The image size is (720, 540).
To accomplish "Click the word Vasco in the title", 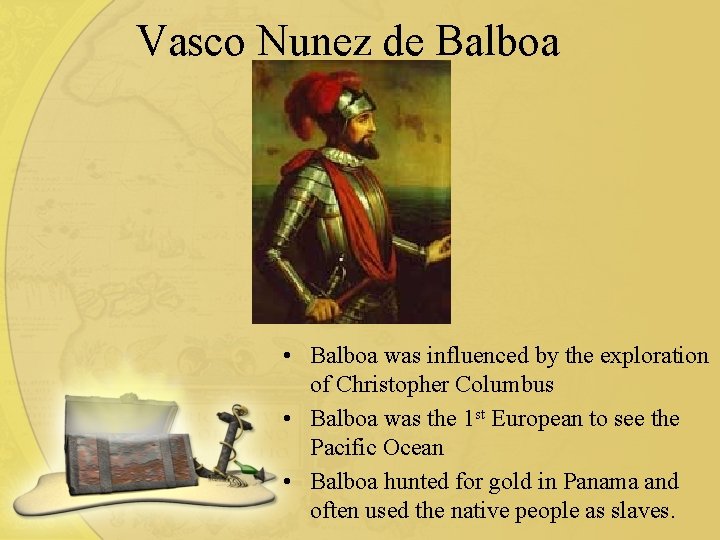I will tap(192, 41).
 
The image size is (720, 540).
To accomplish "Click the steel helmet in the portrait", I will tap(354, 103).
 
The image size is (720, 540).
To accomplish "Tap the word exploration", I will tap(650, 356).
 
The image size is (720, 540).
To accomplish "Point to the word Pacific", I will tap(344, 448).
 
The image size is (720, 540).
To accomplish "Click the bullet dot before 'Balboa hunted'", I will tap(287, 482).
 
